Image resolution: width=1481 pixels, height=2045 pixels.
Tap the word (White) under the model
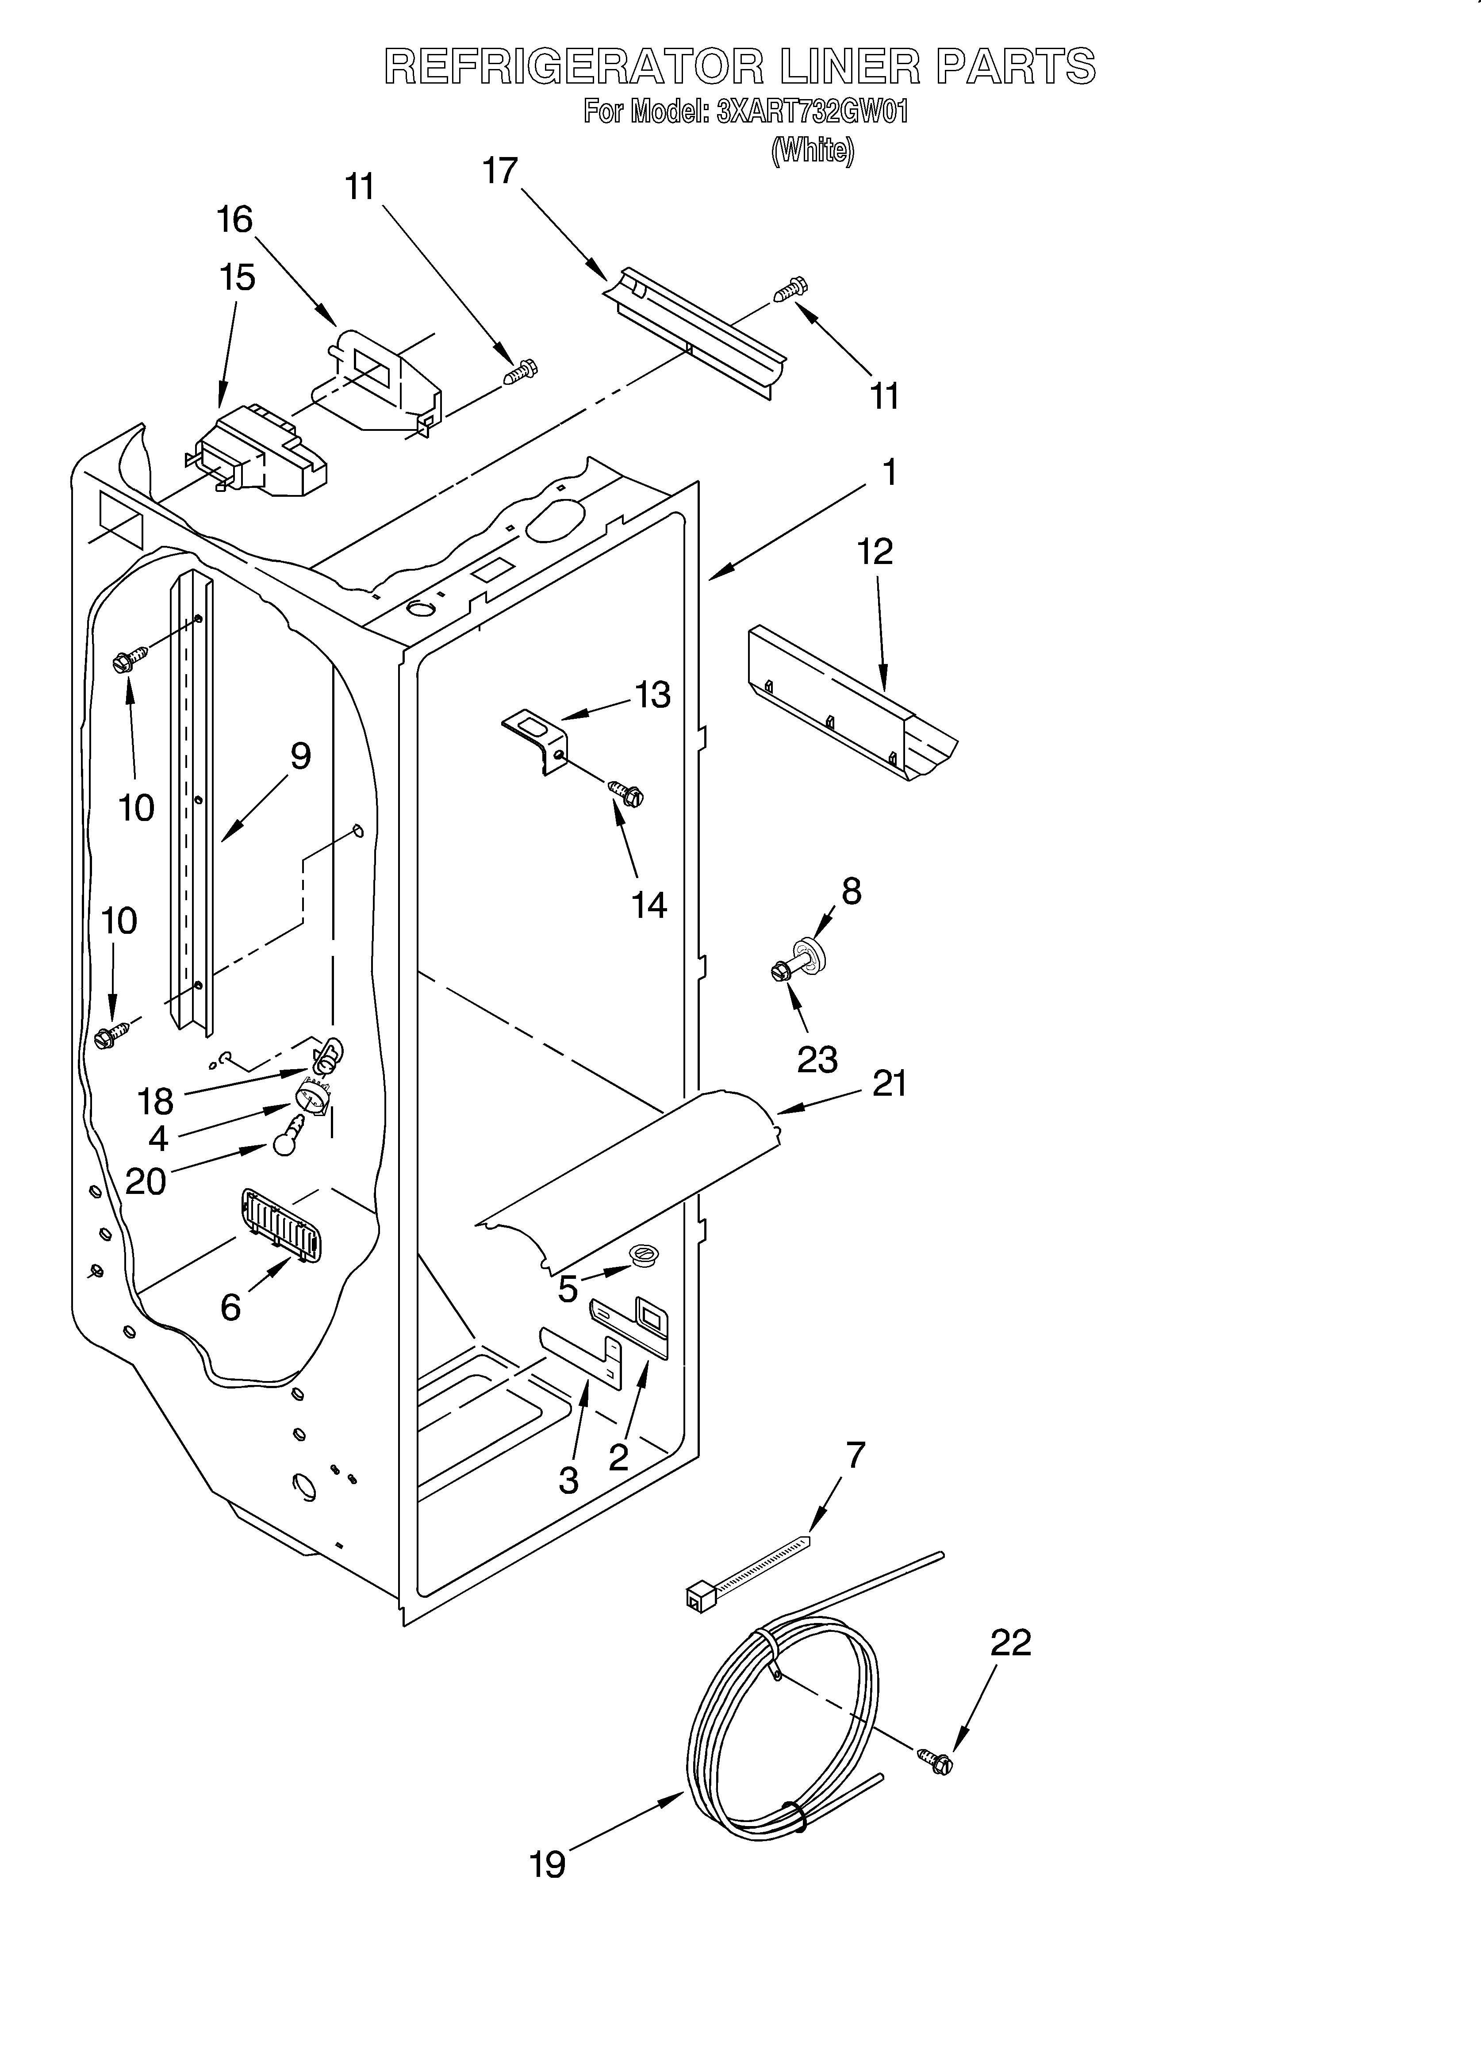click(x=812, y=150)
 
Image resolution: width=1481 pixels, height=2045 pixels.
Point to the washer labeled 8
click(x=809, y=955)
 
